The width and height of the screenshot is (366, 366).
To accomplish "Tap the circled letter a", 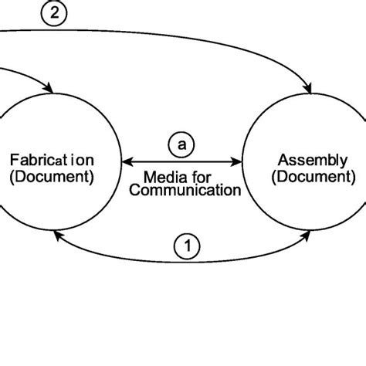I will [x=182, y=144].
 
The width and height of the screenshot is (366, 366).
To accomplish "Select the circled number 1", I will [x=187, y=246].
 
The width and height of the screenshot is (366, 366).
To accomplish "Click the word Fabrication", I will [x=52, y=161].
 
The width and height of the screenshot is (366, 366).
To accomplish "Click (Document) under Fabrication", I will [x=52, y=176].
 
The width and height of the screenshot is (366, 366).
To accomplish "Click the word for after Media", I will [x=205, y=177].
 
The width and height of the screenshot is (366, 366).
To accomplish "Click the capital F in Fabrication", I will [x=14, y=161].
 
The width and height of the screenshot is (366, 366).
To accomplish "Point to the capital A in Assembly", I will [x=283, y=160].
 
